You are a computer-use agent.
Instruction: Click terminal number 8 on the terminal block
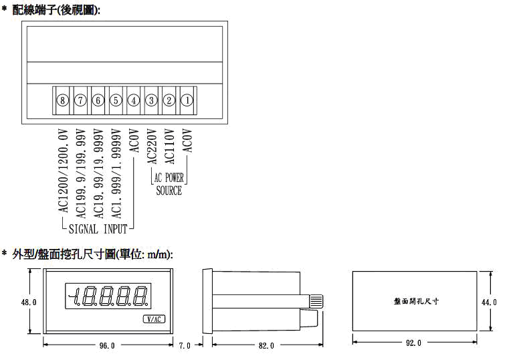[62, 100]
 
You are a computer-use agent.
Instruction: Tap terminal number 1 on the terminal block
[187, 100]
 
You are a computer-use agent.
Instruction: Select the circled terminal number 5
[116, 100]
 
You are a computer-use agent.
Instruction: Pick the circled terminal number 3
[151, 100]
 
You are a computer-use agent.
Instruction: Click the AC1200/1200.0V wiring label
[64, 171]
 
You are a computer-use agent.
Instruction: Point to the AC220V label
[152, 147]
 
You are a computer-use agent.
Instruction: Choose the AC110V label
[169, 147]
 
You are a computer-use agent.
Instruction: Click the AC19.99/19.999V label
[99, 174]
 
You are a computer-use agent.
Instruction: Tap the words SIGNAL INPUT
[98, 229]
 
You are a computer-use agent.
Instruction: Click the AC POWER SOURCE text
[169, 184]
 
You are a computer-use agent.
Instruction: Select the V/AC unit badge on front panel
[154, 319]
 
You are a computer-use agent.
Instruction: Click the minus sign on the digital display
[71, 296]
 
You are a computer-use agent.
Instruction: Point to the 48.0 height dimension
[29, 302]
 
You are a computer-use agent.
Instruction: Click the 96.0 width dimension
[107, 345]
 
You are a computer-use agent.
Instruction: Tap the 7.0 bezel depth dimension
[185, 345]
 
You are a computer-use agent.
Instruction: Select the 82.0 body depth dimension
[266, 345]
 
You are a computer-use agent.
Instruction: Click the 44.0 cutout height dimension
[489, 302]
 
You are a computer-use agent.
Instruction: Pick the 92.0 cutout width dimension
[413, 343]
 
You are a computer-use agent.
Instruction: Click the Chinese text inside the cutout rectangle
[416, 301]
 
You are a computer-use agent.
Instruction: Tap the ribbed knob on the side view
[316, 301]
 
